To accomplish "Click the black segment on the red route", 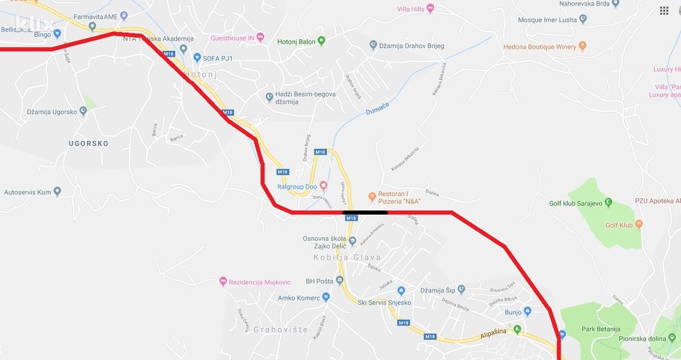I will click(x=364, y=213).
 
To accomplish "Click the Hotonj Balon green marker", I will click(x=322, y=41).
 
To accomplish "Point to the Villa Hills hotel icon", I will click(x=430, y=8).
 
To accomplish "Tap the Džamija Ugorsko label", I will click(x=52, y=111).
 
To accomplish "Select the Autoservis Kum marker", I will click(x=57, y=192).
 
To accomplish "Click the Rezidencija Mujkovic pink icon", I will click(x=222, y=282).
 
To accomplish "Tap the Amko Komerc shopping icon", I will click(x=326, y=298).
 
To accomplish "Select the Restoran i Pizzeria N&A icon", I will click(x=371, y=195).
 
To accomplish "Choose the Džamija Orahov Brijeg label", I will click(x=412, y=46).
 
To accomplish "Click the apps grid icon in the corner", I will click(x=664, y=11).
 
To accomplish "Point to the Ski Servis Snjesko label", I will click(x=385, y=302).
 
